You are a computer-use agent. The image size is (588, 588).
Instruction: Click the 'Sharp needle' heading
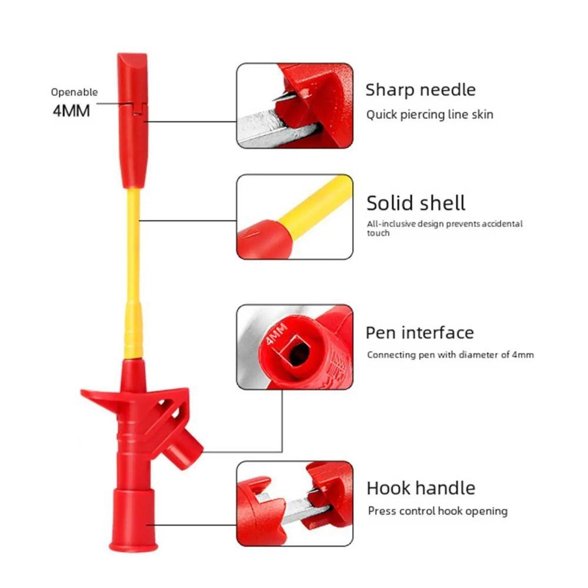[420, 91]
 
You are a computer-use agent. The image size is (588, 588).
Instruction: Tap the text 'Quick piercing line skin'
[430, 115]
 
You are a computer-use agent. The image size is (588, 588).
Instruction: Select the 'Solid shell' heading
[416, 203]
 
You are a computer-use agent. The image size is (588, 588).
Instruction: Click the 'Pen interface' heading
[420, 333]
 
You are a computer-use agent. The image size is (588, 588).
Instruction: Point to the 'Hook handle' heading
[421, 488]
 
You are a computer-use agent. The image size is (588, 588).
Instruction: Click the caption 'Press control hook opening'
[437, 511]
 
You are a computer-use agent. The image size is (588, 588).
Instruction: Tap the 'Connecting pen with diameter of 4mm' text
[450, 355]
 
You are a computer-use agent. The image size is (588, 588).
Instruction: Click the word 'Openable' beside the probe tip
[74, 92]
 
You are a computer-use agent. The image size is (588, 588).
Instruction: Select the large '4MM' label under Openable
[71, 111]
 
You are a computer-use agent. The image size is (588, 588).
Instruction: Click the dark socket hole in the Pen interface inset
[299, 354]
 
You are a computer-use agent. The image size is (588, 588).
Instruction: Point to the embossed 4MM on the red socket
[276, 333]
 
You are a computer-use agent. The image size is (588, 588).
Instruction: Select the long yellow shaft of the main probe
[133, 274]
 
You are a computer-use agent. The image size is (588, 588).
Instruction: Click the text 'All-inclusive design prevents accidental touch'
[445, 228]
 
